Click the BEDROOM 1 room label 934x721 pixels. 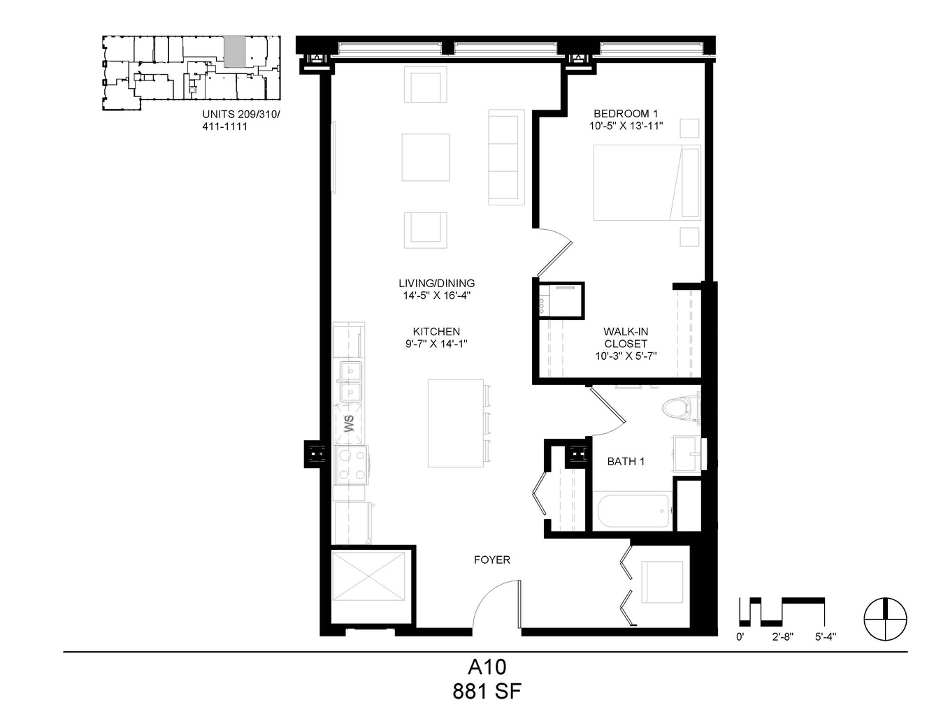point(626,114)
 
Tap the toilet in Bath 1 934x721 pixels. point(680,407)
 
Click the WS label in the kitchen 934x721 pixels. point(349,423)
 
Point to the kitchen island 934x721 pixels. point(456,423)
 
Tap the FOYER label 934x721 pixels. point(491,560)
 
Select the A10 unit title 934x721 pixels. point(487,667)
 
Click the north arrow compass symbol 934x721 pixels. point(885,619)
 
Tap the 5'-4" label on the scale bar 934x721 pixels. point(825,637)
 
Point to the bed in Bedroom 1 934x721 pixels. point(647,182)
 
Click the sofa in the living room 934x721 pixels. point(506,157)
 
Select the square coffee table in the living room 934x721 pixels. point(426,157)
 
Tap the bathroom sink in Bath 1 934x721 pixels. point(687,453)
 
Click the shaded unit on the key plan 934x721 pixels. point(235,52)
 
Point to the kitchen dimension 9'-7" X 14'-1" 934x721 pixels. point(436,344)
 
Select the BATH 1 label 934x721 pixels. point(626,462)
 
